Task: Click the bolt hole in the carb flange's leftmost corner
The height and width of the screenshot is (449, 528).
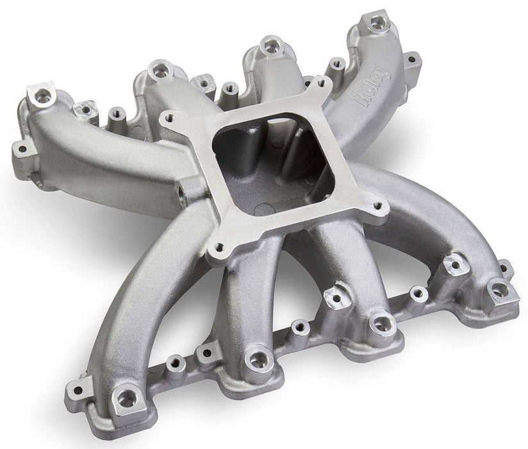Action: (169, 119)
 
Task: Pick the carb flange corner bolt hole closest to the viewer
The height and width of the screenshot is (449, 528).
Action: (220, 246)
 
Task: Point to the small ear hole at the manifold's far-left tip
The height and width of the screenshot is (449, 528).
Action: (23, 149)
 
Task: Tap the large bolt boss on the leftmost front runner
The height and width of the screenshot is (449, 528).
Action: (126, 398)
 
